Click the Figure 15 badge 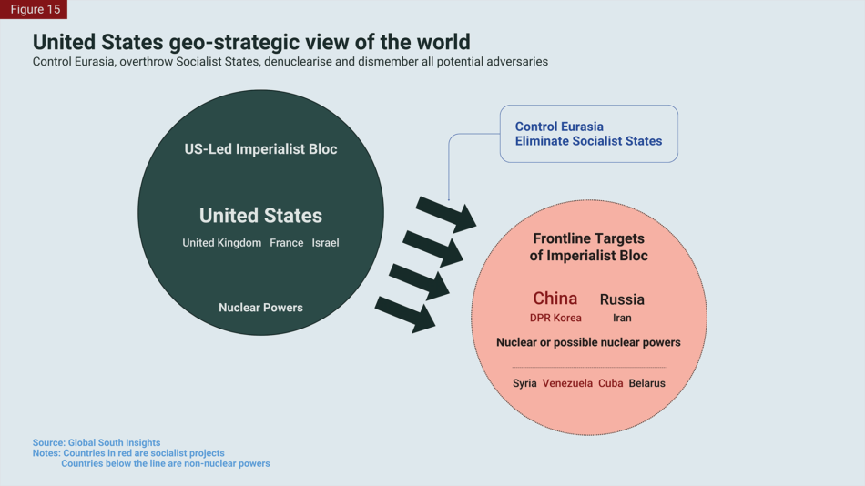35,9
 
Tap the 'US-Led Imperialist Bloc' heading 260,149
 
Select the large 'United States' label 260,216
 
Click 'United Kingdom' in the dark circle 221,243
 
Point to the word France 286,243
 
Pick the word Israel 325,243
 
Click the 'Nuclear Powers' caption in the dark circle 260,308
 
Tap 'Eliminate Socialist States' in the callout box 588,141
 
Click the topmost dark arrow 446,214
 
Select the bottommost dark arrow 406,313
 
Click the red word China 555,299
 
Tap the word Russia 622,299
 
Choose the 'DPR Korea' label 555,319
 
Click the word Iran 622,319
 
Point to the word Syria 524,383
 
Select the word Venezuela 567,383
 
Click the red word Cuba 610,383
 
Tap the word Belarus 646,383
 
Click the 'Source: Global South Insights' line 97,443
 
